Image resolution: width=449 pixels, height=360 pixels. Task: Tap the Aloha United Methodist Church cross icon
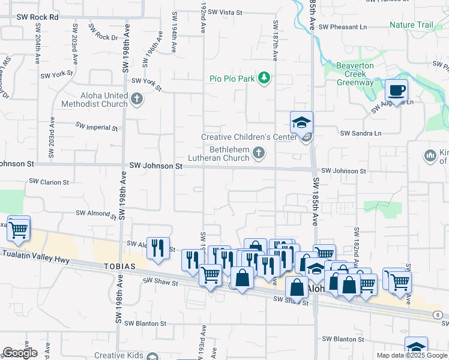[x=137, y=99]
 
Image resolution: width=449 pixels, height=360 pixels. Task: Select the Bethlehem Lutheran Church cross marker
[x=259, y=153]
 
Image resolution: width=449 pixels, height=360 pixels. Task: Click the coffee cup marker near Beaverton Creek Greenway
[x=396, y=91]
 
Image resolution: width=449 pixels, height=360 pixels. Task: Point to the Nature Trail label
[x=411, y=25]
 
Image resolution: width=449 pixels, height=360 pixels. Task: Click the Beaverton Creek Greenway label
[x=355, y=74]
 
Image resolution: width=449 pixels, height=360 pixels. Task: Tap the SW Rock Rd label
[x=37, y=17]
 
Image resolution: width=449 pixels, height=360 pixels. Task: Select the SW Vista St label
[x=222, y=12]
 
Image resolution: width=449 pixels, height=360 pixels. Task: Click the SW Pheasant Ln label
[x=342, y=27]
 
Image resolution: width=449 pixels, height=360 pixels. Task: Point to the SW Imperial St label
[x=96, y=127]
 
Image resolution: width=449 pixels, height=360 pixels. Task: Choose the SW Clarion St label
[x=50, y=182]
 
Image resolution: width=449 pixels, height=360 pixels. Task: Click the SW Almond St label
[x=95, y=213]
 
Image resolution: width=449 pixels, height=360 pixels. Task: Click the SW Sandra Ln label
[x=361, y=133]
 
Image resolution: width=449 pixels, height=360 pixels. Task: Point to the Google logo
[x=20, y=353]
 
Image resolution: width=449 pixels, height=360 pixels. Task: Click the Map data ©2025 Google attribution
[x=412, y=355]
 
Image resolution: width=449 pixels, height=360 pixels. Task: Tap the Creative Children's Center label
[x=249, y=137]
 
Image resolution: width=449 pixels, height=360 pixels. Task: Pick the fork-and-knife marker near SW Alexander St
[x=158, y=248]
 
